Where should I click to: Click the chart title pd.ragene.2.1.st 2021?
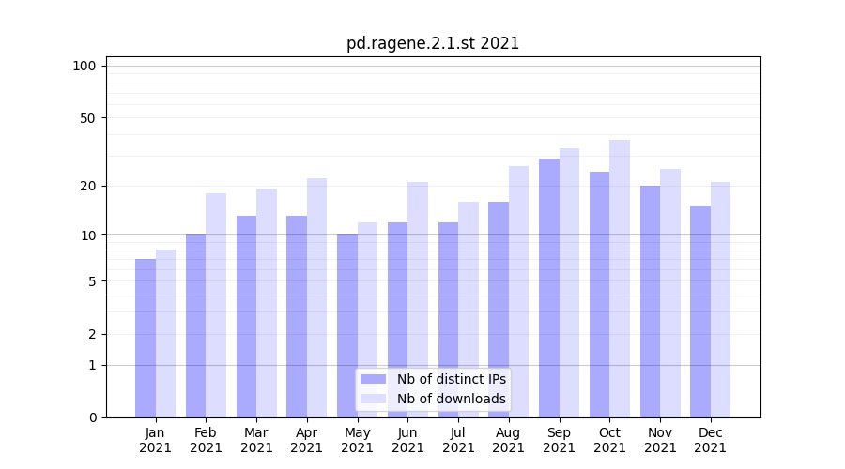click(432, 43)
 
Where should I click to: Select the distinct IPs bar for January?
click(146, 338)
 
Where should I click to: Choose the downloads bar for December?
click(720, 299)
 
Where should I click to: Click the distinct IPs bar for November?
click(650, 301)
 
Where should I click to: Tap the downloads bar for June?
click(418, 299)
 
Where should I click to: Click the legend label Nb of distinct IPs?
click(451, 379)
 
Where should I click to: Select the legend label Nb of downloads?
click(451, 399)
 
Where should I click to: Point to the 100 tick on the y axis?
click(84, 66)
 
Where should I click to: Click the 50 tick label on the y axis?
click(88, 118)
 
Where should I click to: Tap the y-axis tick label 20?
click(88, 186)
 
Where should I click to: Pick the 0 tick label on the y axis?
click(92, 417)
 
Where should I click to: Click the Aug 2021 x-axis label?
click(509, 440)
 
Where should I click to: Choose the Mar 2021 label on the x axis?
click(256, 440)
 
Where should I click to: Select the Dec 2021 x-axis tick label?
click(710, 440)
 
